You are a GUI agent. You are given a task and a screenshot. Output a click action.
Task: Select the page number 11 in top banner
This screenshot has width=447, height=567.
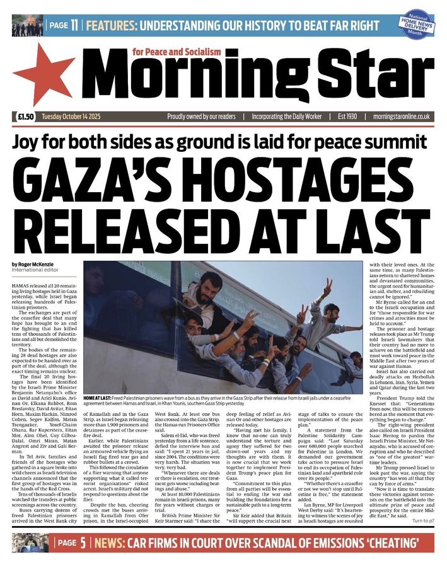[x=74, y=26]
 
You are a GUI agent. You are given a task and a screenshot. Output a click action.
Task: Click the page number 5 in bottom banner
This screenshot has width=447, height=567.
[x=83, y=543]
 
